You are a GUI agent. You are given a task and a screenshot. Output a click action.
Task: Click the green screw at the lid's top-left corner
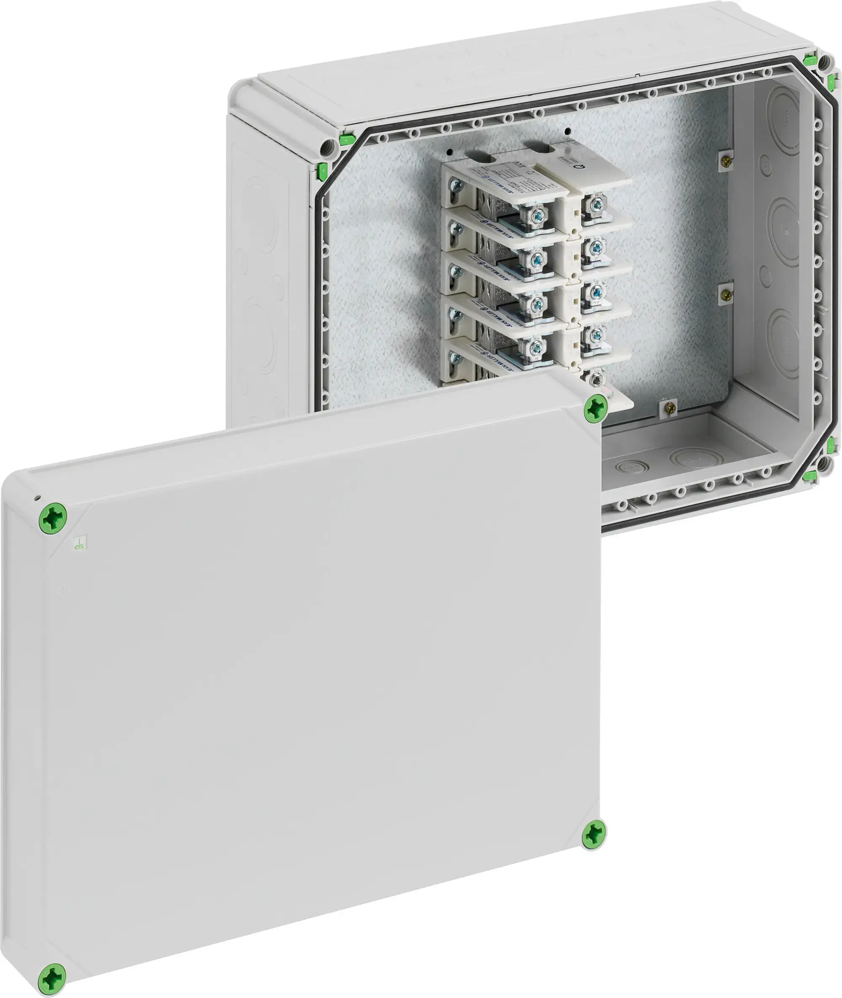click(53, 517)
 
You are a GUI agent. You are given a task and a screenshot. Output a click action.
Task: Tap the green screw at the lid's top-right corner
click(595, 408)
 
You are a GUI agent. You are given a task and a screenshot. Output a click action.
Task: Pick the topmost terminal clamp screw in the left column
click(538, 214)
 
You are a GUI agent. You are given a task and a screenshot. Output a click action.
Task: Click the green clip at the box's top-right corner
click(809, 61)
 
